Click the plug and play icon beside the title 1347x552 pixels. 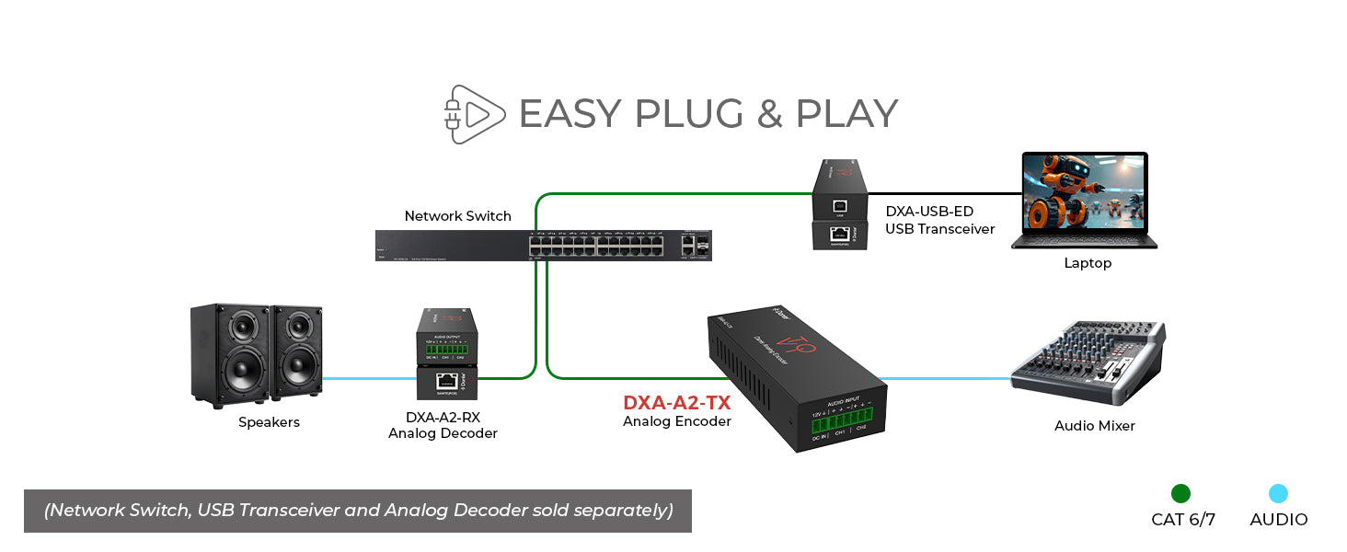(x=474, y=114)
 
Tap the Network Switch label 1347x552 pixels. (x=457, y=216)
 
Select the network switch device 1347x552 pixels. (x=543, y=246)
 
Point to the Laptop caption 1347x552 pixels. (x=1088, y=263)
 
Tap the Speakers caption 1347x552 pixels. (x=269, y=422)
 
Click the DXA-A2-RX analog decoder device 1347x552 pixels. (x=446, y=354)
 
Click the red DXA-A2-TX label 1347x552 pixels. (x=676, y=403)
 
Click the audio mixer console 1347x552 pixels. (x=1086, y=363)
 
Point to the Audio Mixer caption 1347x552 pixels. (x=1094, y=426)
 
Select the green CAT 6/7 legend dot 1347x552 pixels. (x=1180, y=494)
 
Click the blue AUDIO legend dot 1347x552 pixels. (x=1278, y=494)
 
